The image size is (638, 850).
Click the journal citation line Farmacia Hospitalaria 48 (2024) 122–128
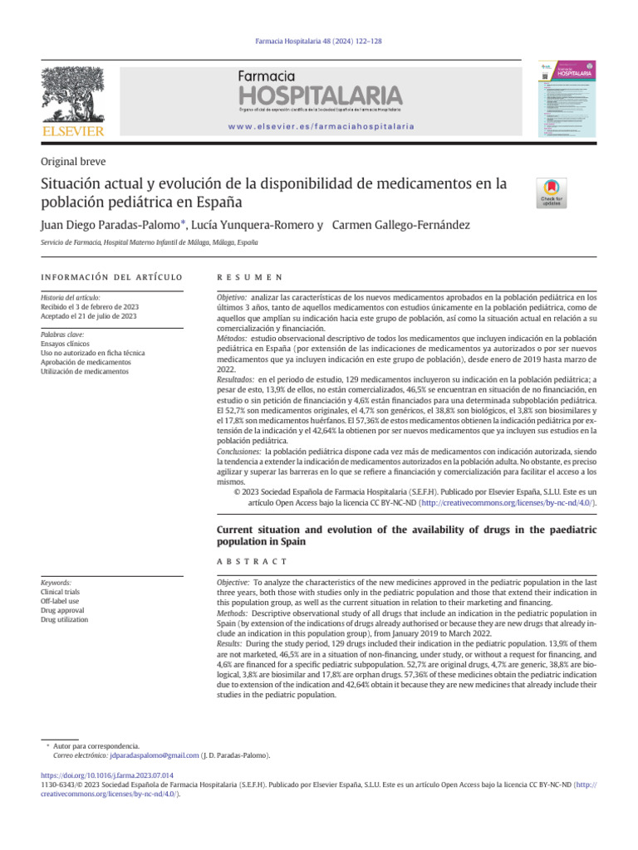pos(319,41)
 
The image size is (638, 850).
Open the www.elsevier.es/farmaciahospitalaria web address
pos(320,126)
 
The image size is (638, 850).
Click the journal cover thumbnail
pos(567,97)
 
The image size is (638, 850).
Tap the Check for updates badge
pos(552,193)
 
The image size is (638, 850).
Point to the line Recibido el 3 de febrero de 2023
pos(90,306)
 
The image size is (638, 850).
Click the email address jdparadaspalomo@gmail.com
pos(153,756)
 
